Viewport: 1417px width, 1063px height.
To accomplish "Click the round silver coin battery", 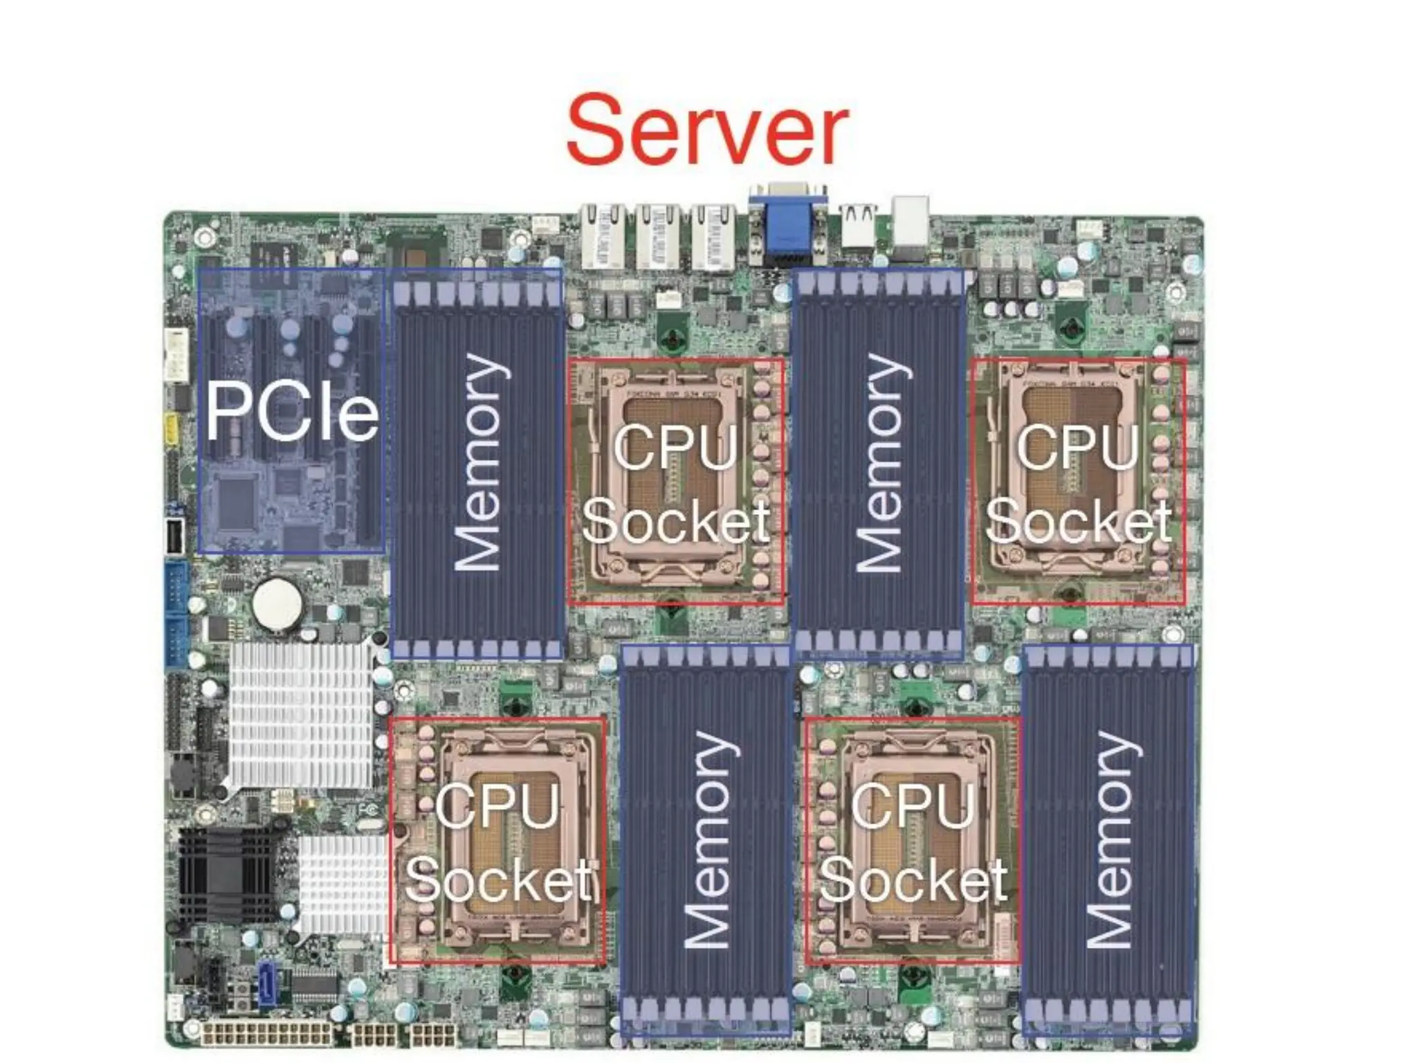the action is coord(277,603).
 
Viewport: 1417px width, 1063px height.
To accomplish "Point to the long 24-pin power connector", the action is coord(267,1034).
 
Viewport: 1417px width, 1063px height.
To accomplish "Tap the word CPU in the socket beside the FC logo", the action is coord(497,805).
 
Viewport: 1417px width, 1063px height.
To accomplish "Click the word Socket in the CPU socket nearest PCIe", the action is coord(675,520).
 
